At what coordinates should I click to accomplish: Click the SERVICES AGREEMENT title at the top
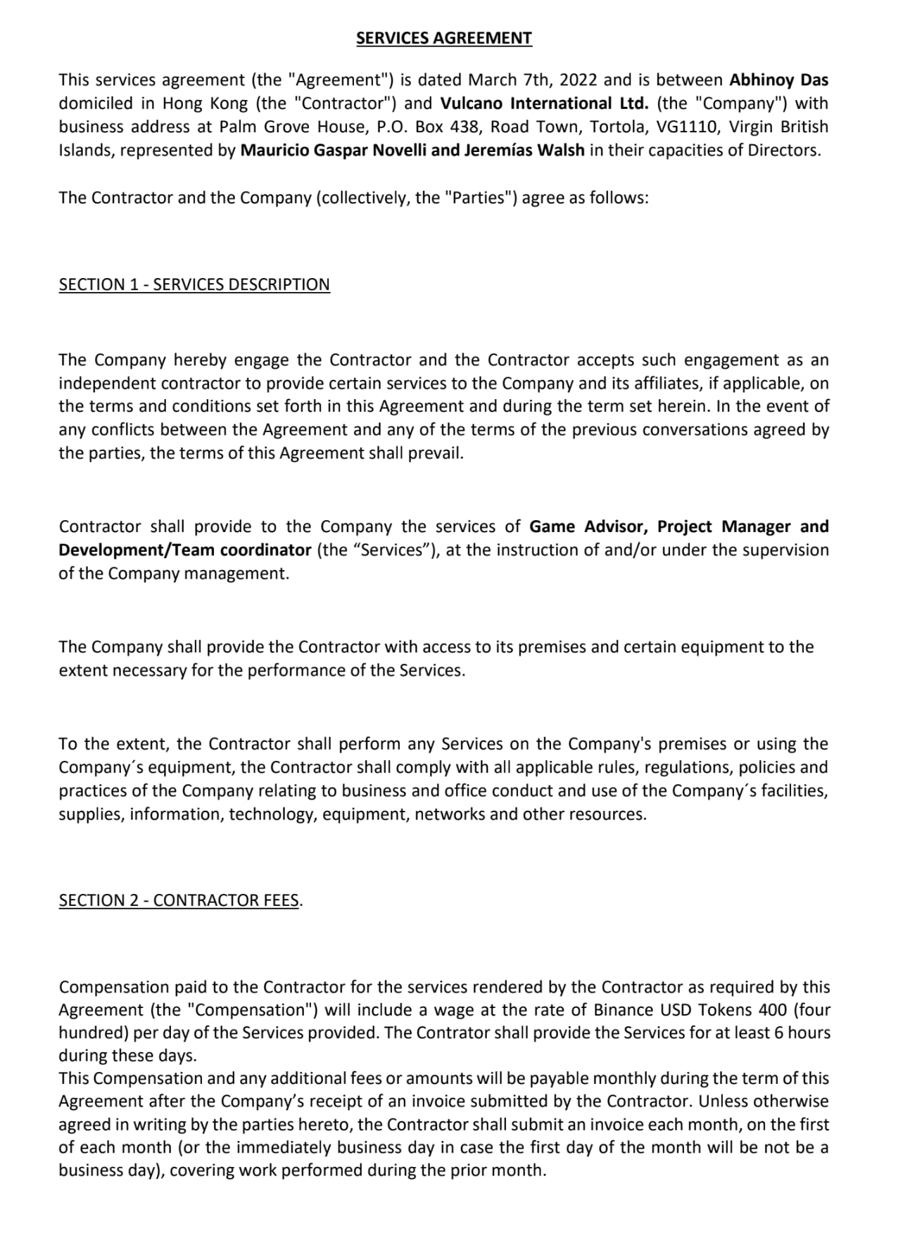[443, 38]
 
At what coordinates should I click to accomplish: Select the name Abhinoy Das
[778, 80]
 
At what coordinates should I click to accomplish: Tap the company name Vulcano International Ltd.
[544, 103]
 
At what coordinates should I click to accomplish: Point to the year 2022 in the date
[578, 80]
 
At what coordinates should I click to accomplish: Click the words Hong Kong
[205, 103]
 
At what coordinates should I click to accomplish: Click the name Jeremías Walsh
[524, 151]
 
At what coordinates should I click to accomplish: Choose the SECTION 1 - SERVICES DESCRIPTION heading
[194, 284]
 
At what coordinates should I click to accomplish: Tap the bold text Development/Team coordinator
[184, 550]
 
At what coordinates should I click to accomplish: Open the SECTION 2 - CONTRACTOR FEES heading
[179, 900]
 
